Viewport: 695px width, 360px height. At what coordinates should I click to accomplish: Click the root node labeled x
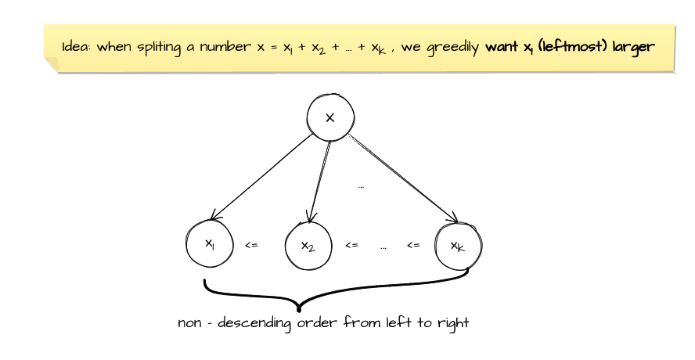(330, 117)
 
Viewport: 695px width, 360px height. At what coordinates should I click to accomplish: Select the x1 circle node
(210, 244)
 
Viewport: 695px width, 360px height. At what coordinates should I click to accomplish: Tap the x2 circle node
(308, 246)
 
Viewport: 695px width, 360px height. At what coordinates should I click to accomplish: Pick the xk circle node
(459, 246)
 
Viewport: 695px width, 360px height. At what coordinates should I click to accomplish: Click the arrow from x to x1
(261, 176)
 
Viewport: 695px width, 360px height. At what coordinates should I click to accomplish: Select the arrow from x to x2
(320, 182)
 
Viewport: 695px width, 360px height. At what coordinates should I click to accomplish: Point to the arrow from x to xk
(403, 178)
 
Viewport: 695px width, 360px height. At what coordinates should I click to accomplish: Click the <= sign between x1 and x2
(251, 245)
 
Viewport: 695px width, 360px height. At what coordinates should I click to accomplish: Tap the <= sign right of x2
(351, 245)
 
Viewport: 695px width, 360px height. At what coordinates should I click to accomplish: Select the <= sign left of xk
(413, 245)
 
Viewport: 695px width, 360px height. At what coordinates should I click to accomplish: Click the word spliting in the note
(159, 48)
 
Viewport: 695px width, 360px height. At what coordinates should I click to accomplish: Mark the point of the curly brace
(299, 309)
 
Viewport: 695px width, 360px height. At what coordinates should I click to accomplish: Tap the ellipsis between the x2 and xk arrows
(361, 188)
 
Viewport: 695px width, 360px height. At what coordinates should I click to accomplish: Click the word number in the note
(225, 46)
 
